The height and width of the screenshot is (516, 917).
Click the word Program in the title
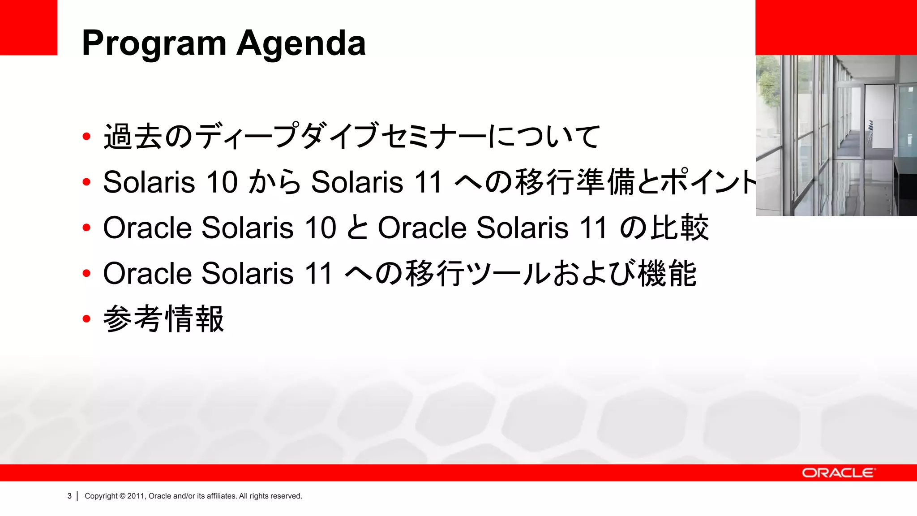(x=154, y=44)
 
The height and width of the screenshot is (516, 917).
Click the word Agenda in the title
(x=301, y=44)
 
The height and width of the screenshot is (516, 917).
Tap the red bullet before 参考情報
(x=86, y=319)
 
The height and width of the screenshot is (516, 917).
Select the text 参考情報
(x=163, y=319)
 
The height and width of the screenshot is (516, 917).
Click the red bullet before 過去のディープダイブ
(x=86, y=136)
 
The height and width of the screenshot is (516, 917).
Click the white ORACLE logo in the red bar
(x=838, y=473)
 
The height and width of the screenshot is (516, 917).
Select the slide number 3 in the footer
(x=69, y=496)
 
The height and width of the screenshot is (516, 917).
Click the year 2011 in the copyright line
(x=136, y=496)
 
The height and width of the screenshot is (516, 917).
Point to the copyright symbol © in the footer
(x=122, y=496)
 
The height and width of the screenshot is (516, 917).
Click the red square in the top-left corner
(x=29, y=27)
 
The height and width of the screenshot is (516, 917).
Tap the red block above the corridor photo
(x=836, y=27)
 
